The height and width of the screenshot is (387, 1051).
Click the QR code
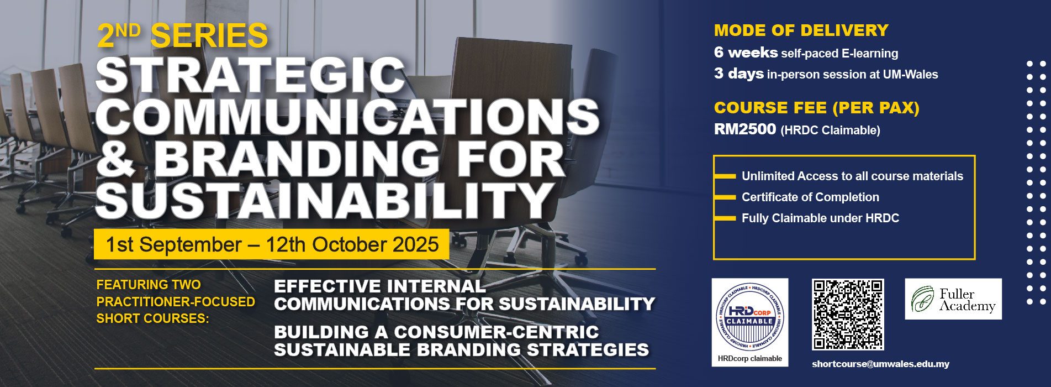pyautogui.click(x=848, y=315)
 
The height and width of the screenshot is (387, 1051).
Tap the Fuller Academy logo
pyautogui.click(x=953, y=299)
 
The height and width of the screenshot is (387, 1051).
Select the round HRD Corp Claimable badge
pyautogui.click(x=749, y=317)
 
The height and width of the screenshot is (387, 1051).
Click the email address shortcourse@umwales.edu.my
pyautogui.click(x=880, y=364)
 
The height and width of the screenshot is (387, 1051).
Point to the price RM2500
pyautogui.click(x=745, y=129)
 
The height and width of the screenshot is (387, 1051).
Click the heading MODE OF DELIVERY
pyautogui.click(x=801, y=30)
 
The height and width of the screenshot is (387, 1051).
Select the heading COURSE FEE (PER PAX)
pyautogui.click(x=817, y=108)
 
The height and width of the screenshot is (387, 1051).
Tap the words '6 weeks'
pyautogui.click(x=746, y=53)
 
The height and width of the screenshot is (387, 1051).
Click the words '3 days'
pyautogui.click(x=739, y=74)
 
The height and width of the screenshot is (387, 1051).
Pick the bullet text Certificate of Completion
pyautogui.click(x=810, y=197)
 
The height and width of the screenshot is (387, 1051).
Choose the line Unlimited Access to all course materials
pyautogui.click(x=852, y=176)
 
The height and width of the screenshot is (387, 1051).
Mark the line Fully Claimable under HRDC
pyautogui.click(x=820, y=218)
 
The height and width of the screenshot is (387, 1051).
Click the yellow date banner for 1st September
pyautogui.click(x=271, y=244)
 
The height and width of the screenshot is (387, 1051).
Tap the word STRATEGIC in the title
pyautogui.click(x=251, y=75)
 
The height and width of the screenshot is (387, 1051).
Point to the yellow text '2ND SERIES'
pyautogui.click(x=182, y=35)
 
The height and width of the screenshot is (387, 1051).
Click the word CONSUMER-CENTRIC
pyautogui.click(x=497, y=332)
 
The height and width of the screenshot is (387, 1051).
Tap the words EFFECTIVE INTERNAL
pyautogui.click(x=380, y=286)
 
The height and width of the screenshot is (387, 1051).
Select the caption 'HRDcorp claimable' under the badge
pyautogui.click(x=749, y=359)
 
